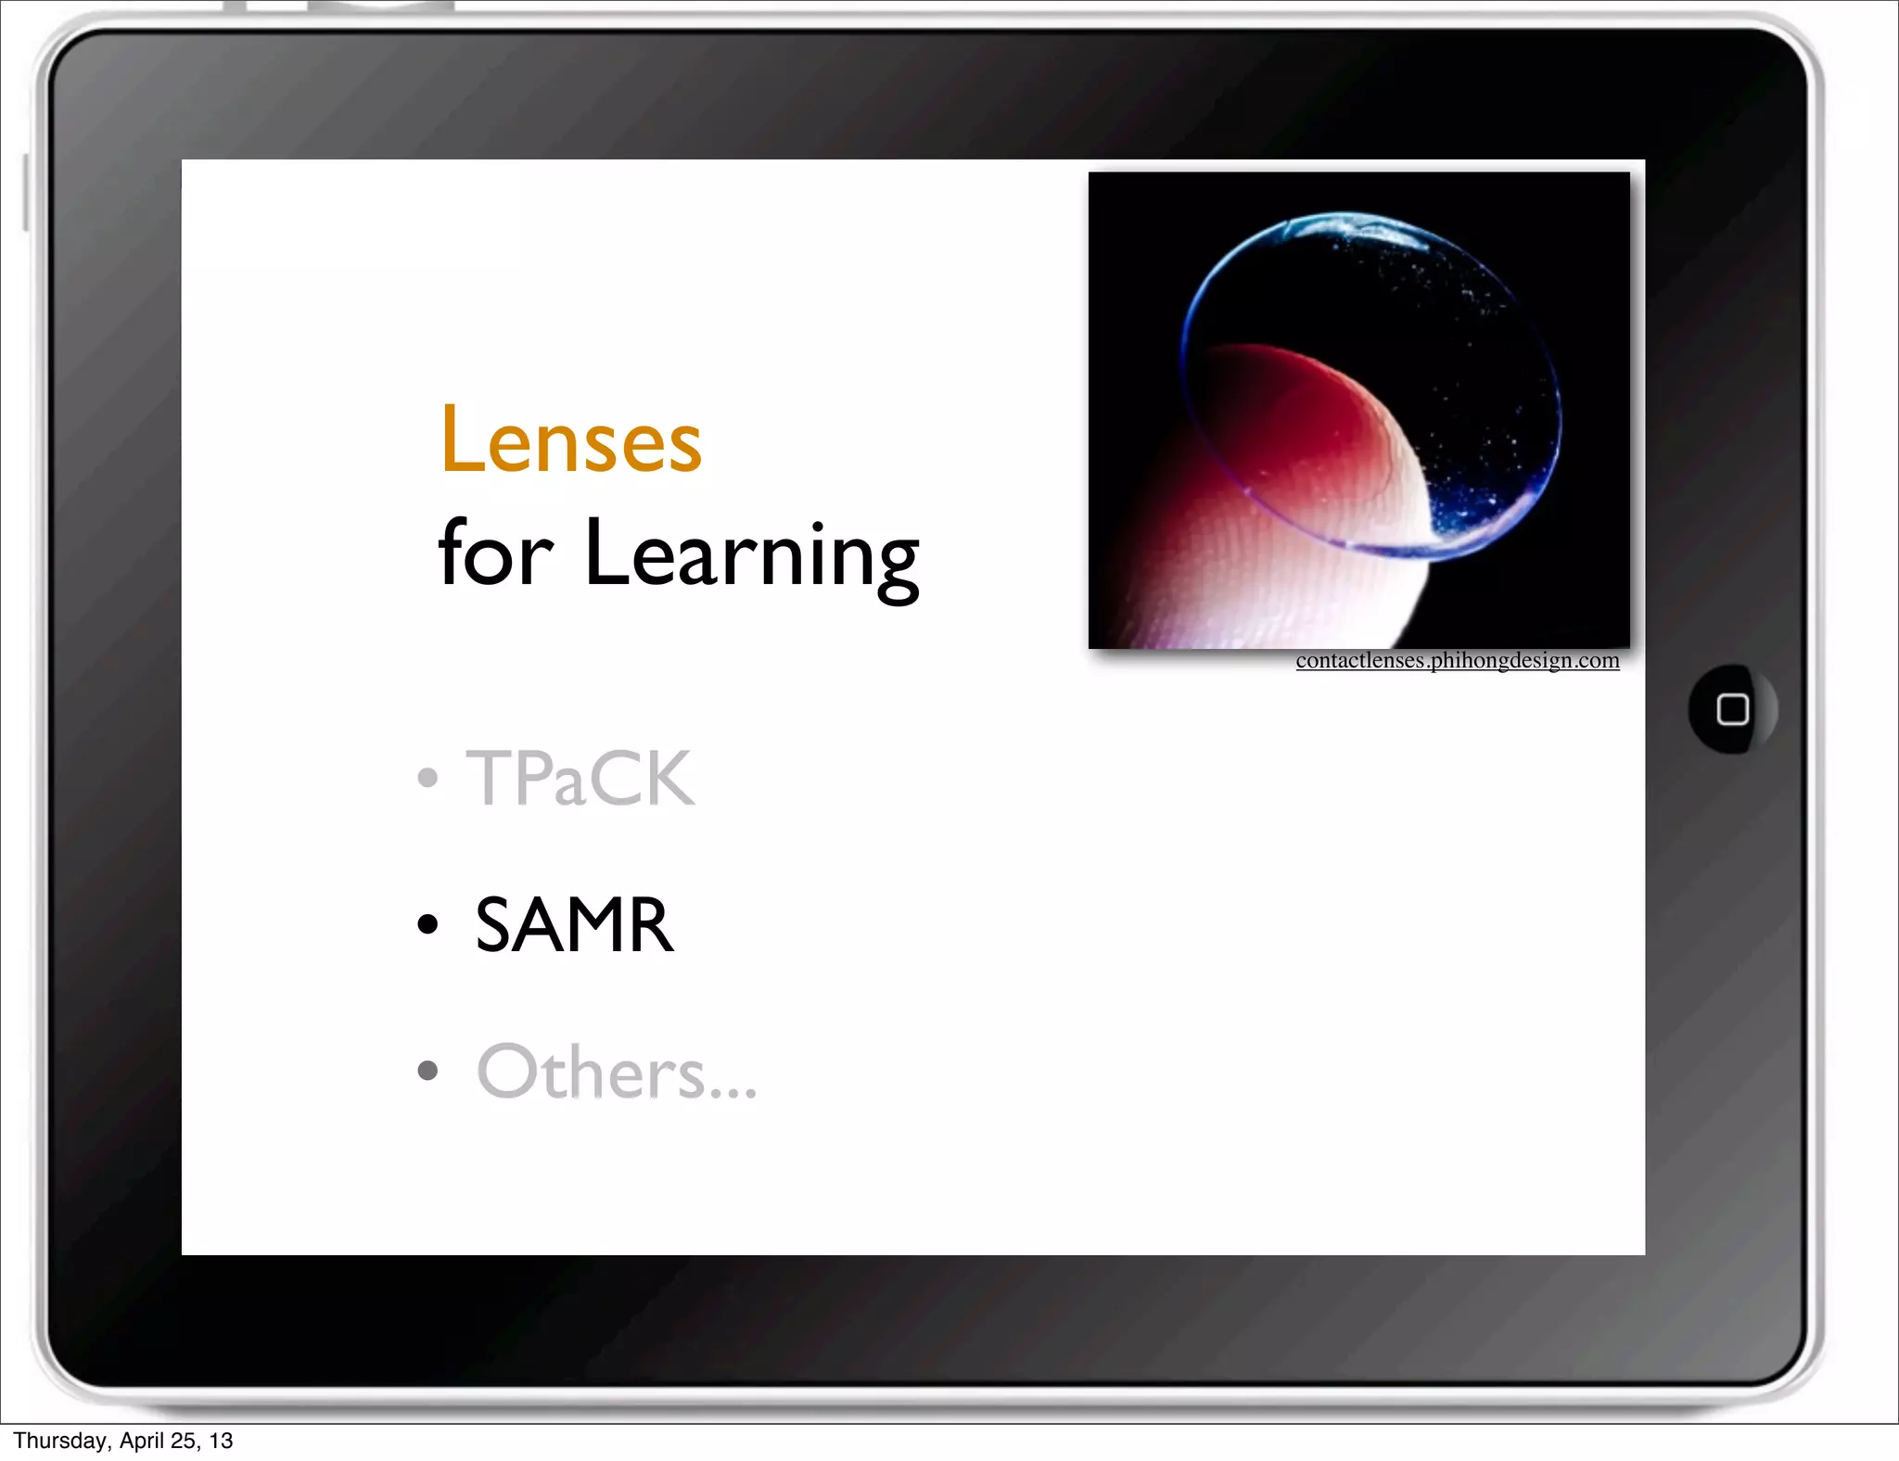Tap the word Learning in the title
pyautogui.click(x=751, y=554)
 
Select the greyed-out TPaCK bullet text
pyautogui.click(x=580, y=779)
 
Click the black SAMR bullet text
pyautogui.click(x=574, y=925)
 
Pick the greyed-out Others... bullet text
pyautogui.click(x=616, y=1073)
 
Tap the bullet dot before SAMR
pyautogui.click(x=427, y=924)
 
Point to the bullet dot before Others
pyautogui.click(x=427, y=1072)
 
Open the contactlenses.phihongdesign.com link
pyautogui.click(x=1457, y=661)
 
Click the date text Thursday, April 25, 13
pyautogui.click(x=123, y=1441)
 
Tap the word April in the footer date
pyautogui.click(x=143, y=1441)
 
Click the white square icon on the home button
pyautogui.click(x=1732, y=710)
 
